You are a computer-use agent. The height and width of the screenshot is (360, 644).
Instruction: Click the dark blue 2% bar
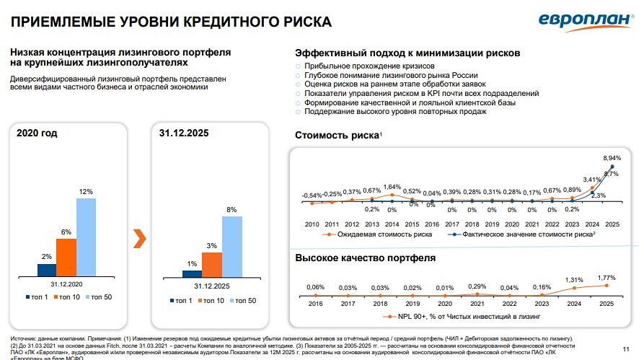[46, 271]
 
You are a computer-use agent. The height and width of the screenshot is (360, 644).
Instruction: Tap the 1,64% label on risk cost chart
[391, 187]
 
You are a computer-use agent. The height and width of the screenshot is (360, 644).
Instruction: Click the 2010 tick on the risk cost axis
[312, 224]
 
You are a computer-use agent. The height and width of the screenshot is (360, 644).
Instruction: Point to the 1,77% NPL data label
[607, 277]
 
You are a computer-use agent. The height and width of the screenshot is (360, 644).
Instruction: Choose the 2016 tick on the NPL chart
[315, 304]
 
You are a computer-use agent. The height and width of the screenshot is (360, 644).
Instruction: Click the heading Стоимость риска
[338, 136]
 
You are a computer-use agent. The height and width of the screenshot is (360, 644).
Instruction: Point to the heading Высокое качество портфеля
[365, 258]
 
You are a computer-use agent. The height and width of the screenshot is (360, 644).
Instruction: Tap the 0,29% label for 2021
[477, 286]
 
